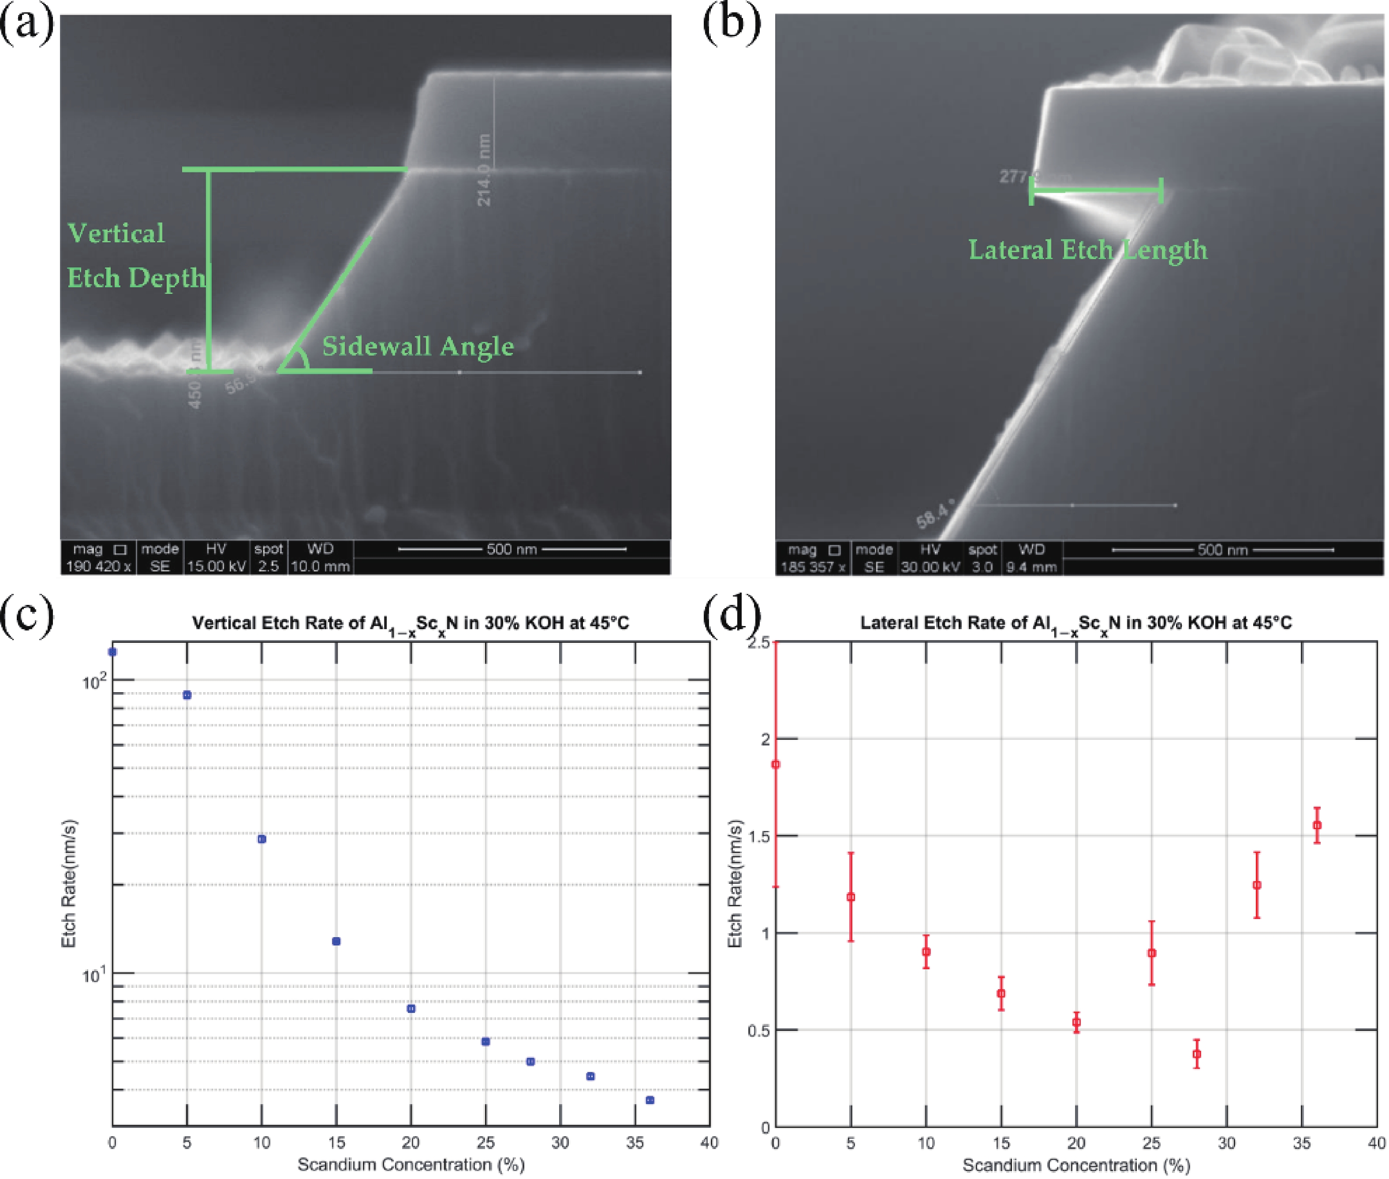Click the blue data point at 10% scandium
pos(261,839)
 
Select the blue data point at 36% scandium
pos(650,1099)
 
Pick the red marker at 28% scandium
pos(1196,1054)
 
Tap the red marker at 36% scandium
pos(1317,825)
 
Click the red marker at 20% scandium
pos(1076,1022)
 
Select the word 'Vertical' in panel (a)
pos(116,233)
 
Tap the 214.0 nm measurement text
pos(484,171)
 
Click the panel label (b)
pos(732,24)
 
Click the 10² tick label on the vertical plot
pos(93,681)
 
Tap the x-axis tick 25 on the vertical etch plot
pos(485,1142)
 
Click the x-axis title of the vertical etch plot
pos(411,1164)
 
